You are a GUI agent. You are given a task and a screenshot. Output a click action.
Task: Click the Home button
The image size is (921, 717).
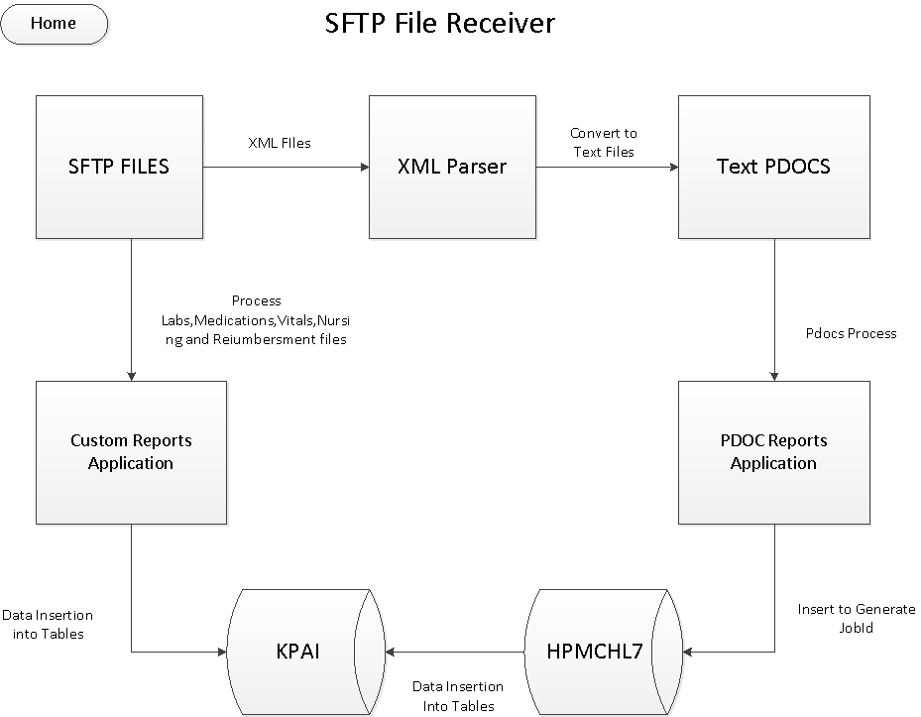pyautogui.click(x=54, y=23)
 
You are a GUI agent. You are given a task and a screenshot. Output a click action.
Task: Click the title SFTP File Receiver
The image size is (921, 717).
pyautogui.click(x=439, y=23)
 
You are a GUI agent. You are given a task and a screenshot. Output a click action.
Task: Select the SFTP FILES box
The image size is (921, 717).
pyautogui.click(x=119, y=166)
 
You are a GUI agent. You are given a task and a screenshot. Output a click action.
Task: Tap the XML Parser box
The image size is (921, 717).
pyautogui.click(x=452, y=166)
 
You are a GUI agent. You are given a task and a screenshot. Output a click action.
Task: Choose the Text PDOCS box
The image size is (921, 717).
pyautogui.click(x=773, y=166)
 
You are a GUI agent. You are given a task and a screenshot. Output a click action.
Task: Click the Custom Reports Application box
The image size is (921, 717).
pyautogui.click(x=131, y=451)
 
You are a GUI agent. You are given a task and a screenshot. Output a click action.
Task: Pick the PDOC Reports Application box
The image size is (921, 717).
pyautogui.click(x=773, y=451)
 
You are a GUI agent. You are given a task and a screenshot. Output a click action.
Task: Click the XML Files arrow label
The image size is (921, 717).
pyautogui.click(x=279, y=143)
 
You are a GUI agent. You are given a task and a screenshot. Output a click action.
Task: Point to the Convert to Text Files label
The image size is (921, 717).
pyautogui.click(x=604, y=142)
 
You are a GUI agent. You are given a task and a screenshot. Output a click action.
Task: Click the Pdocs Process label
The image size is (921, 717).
pyautogui.click(x=851, y=333)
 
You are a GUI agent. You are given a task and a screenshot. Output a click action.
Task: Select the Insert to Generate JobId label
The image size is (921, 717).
pyautogui.click(x=857, y=618)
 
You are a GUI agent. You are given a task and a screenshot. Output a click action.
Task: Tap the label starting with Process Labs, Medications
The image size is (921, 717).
pyautogui.click(x=256, y=319)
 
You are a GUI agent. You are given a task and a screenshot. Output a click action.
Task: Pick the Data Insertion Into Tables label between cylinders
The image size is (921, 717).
pyautogui.click(x=457, y=695)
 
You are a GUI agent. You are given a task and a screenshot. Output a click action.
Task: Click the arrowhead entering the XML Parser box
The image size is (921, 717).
pyautogui.click(x=364, y=167)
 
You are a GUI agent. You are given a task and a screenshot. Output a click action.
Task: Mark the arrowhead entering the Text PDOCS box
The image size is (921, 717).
pyautogui.click(x=672, y=167)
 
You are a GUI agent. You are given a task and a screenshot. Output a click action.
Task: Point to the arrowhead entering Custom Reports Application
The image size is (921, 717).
pyautogui.click(x=131, y=375)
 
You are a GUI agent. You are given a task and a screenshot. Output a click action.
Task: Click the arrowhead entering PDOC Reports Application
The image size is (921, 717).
pyautogui.click(x=773, y=375)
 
